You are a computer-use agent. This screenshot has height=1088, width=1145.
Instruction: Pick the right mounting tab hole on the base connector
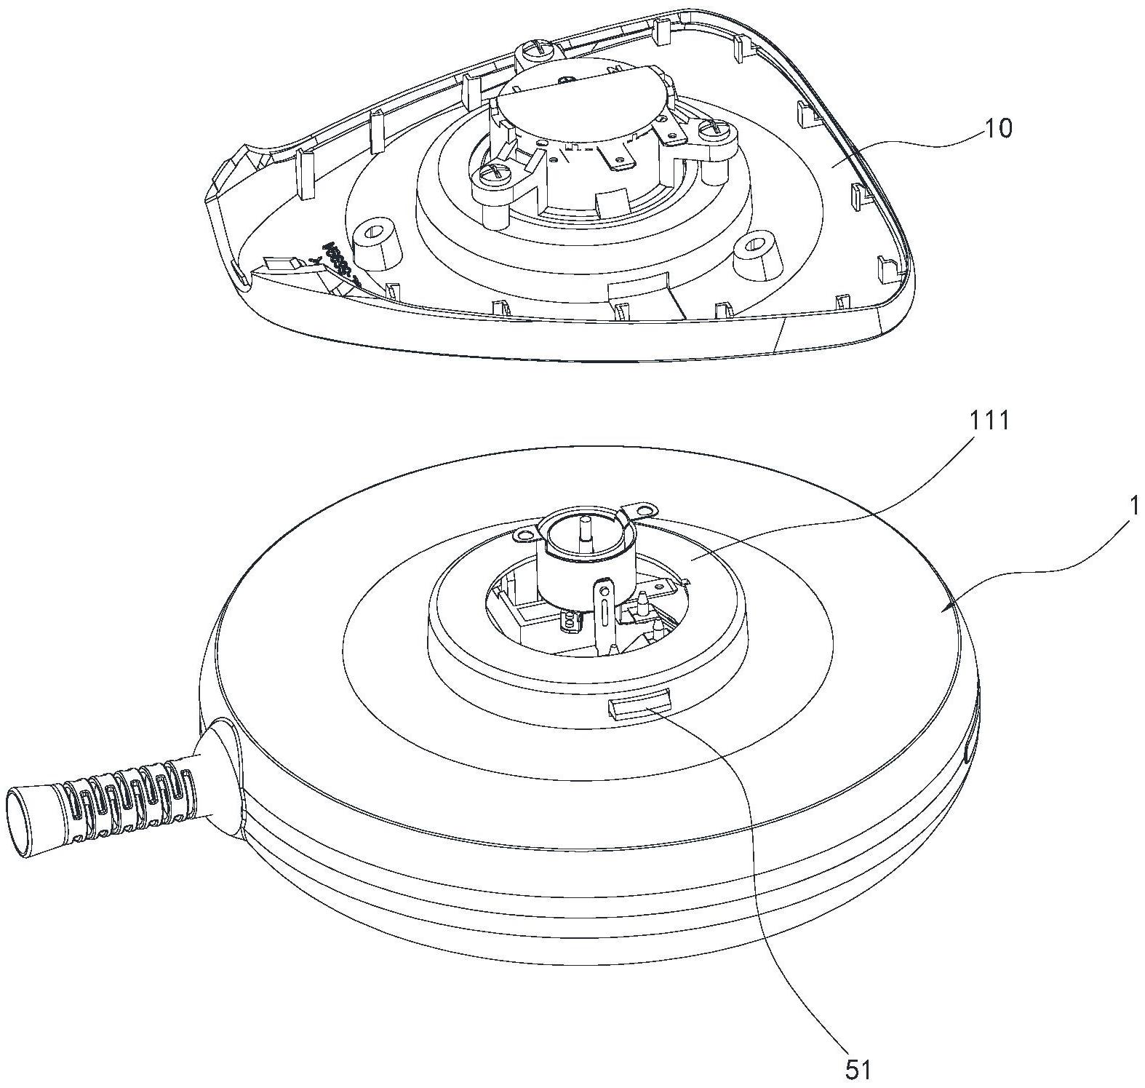click(645, 503)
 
